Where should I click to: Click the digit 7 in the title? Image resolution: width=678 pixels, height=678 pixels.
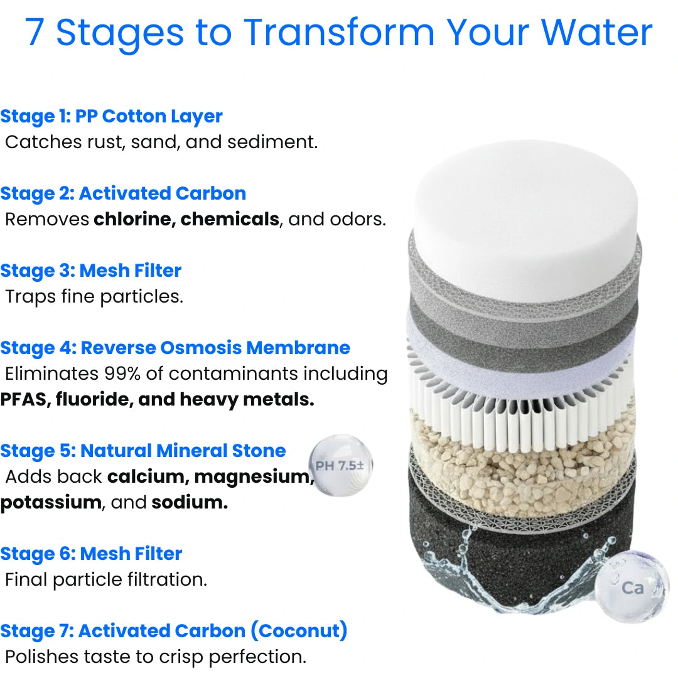click(35, 33)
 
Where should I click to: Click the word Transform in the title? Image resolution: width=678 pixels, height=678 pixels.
click(339, 33)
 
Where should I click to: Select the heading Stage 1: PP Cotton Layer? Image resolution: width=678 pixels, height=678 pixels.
click(111, 116)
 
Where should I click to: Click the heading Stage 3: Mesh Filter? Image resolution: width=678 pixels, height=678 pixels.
click(91, 271)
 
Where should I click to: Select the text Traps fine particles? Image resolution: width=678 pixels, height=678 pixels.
click(94, 296)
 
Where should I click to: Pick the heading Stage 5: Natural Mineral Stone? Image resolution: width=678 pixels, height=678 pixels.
click(143, 451)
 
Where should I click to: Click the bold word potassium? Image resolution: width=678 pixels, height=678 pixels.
click(50, 502)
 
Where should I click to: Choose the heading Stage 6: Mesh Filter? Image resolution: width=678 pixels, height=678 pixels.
click(91, 554)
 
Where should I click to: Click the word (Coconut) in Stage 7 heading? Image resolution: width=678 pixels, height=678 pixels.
click(299, 631)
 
